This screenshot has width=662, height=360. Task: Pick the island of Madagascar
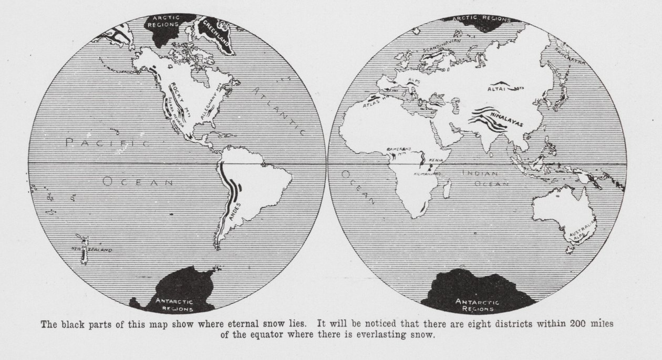447,189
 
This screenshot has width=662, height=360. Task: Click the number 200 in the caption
578,323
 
